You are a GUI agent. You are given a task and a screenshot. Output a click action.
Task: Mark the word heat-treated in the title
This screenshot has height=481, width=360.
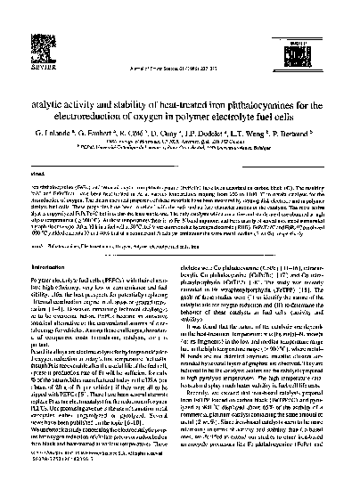tap(160, 53)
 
